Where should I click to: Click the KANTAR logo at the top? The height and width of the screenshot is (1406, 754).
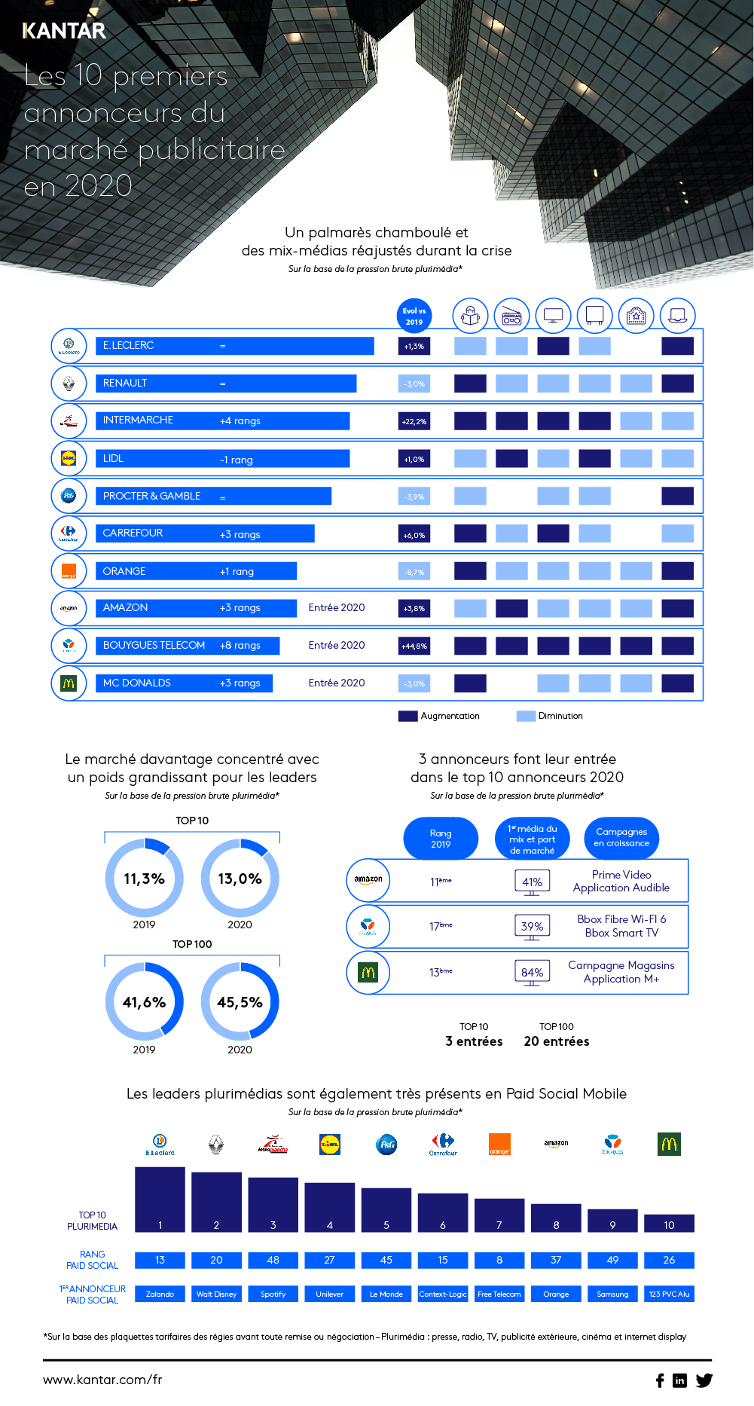(64, 31)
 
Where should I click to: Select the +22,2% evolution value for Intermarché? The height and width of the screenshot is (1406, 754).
(414, 421)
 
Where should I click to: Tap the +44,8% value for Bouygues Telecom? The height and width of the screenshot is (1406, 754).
(414, 646)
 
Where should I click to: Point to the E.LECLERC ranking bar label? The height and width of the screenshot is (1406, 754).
(128, 346)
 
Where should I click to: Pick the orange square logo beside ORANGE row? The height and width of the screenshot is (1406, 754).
(69, 571)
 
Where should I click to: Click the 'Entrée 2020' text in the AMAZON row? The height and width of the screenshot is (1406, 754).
(336, 608)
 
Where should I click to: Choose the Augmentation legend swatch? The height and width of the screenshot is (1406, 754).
(408, 716)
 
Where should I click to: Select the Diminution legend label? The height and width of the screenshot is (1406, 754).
(560, 716)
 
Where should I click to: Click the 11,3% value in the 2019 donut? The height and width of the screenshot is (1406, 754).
(144, 879)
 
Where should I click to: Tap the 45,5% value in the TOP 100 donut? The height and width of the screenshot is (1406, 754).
(240, 1002)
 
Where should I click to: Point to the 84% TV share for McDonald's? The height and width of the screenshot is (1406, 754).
(532, 972)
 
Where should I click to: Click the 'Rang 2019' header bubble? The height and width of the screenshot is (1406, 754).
(441, 839)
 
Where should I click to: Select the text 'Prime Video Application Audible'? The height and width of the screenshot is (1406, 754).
(621, 881)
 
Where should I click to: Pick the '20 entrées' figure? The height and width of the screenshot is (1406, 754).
(556, 1041)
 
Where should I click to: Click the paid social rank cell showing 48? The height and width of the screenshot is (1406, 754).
(273, 1260)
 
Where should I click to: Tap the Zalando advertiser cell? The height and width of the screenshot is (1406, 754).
(160, 1294)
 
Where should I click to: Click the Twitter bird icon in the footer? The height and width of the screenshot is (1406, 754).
(704, 1380)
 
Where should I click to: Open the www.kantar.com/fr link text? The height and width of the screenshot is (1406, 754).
(102, 1380)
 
